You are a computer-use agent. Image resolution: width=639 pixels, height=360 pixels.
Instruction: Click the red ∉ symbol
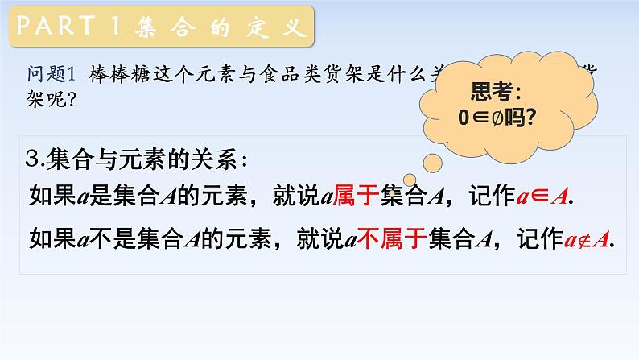(x=581, y=239)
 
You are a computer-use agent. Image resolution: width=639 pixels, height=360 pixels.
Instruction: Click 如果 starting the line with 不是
(x=48, y=238)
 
